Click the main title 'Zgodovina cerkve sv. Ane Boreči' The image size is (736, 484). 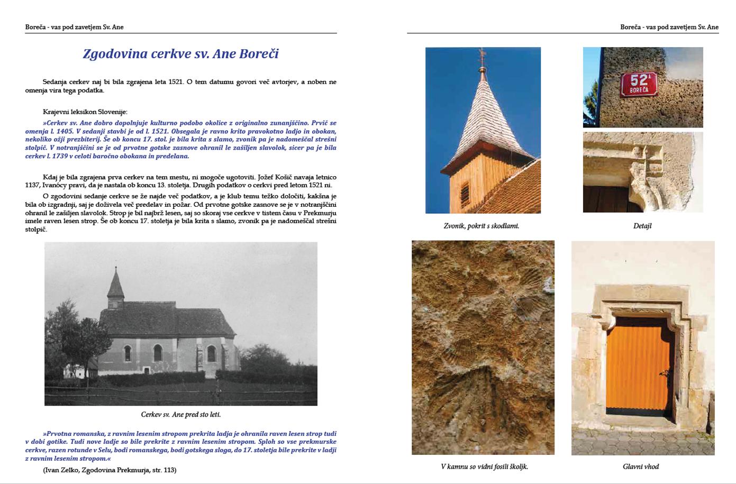coord(180,54)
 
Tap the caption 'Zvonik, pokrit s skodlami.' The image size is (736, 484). coord(481,226)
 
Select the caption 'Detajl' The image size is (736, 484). coord(642,226)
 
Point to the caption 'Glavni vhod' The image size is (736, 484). coord(641,467)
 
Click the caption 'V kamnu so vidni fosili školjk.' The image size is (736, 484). coord(484,467)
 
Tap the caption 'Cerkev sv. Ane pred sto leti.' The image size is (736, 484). coord(181,415)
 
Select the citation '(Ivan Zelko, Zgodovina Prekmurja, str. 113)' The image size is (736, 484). coord(110,470)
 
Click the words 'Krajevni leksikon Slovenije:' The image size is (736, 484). coord(85,112)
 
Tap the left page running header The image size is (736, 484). coord(74,27)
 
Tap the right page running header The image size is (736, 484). coord(669,27)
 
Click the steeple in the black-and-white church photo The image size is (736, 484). coord(115,286)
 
